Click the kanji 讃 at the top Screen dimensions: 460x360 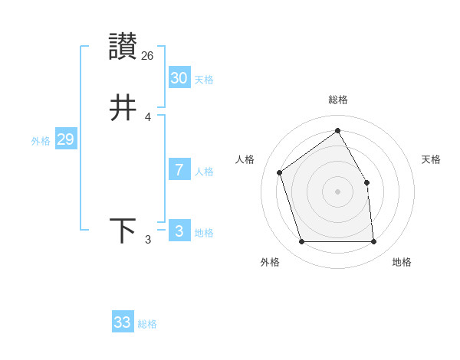click(x=123, y=47)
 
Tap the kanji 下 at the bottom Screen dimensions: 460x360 click(x=123, y=231)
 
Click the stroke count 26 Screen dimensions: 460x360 click(x=148, y=55)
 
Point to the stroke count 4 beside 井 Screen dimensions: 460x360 click(x=148, y=116)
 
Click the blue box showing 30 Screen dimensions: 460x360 click(x=179, y=78)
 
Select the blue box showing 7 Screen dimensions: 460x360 click(x=179, y=170)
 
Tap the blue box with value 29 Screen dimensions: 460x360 click(x=65, y=139)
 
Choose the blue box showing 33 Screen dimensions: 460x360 click(x=122, y=322)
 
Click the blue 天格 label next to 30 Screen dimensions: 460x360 click(x=204, y=80)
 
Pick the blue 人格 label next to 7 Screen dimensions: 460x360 click(x=204, y=172)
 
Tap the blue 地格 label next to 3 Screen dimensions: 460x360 click(x=204, y=233)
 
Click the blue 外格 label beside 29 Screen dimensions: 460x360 click(x=41, y=141)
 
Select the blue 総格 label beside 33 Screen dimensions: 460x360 click(x=147, y=324)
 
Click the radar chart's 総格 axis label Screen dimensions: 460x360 click(x=337, y=100)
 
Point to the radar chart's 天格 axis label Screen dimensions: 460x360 click(x=431, y=159)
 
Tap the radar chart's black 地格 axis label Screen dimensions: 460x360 click(x=402, y=262)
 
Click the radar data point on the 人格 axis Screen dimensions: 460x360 click(x=280, y=172)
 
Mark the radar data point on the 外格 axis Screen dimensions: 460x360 click(x=302, y=242)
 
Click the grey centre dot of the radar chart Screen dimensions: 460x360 click(x=337, y=191)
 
